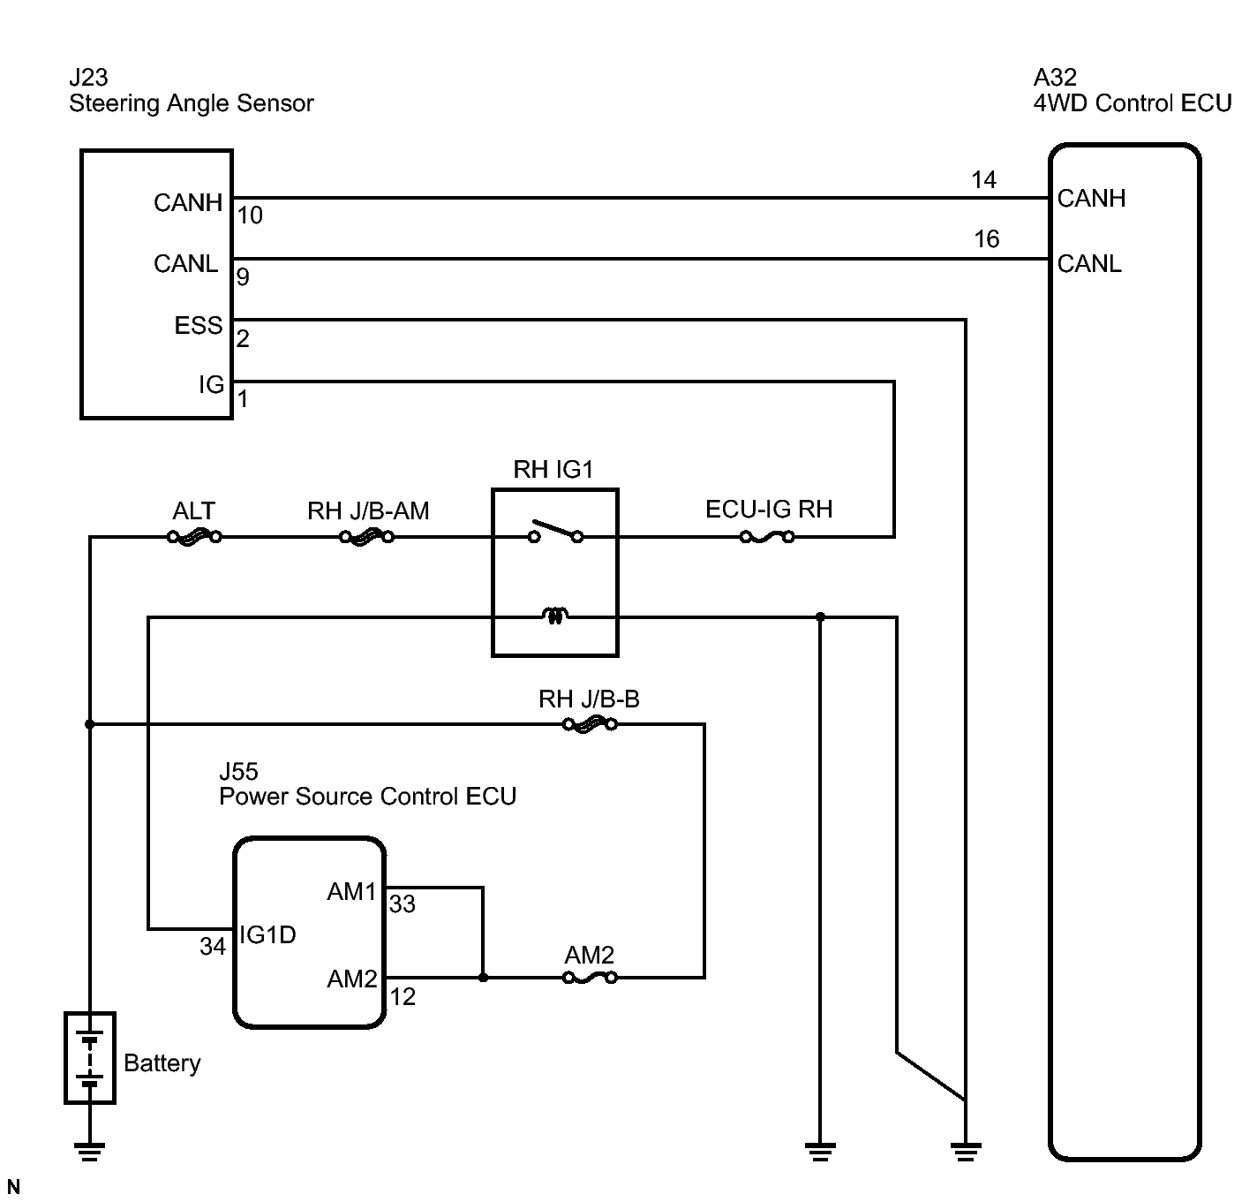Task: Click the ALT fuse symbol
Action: pos(194,536)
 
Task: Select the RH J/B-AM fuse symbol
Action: pos(366,536)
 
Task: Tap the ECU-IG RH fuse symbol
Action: pos(767,536)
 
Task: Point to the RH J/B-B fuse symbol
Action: pos(590,724)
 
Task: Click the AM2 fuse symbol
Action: pos(590,978)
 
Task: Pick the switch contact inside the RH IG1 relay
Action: pos(555,531)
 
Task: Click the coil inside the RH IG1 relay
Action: pos(555,615)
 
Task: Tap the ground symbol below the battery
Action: pos(90,1152)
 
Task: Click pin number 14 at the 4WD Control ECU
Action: pos(983,179)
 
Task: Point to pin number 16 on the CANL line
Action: pos(986,239)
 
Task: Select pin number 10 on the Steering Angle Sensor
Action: pos(250,215)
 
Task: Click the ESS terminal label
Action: pos(199,325)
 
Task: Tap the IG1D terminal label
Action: pos(267,934)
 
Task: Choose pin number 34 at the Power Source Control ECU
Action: pos(213,947)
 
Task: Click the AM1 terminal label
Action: pos(351,892)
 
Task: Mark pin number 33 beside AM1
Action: pos(402,904)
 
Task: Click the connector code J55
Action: pos(239,771)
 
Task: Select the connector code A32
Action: pos(1056,78)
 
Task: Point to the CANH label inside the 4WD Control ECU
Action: pos(1091,199)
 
